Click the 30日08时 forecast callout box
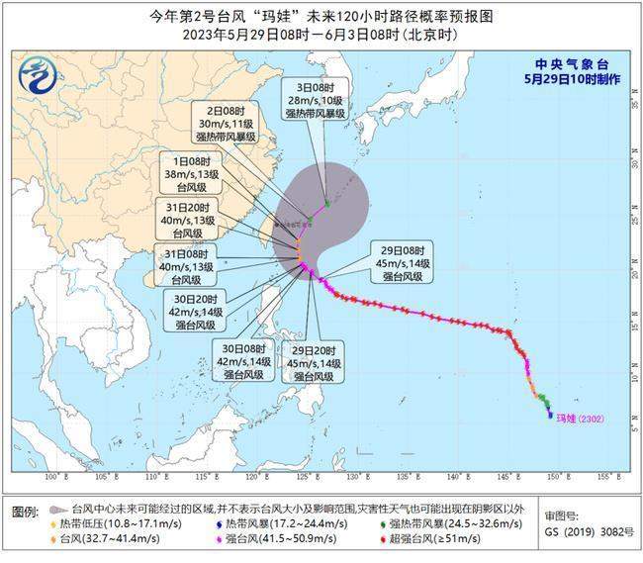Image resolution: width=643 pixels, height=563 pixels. point(243,362)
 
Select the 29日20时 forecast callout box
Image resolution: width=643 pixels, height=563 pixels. point(316,362)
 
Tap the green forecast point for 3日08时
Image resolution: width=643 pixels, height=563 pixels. point(327,203)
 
